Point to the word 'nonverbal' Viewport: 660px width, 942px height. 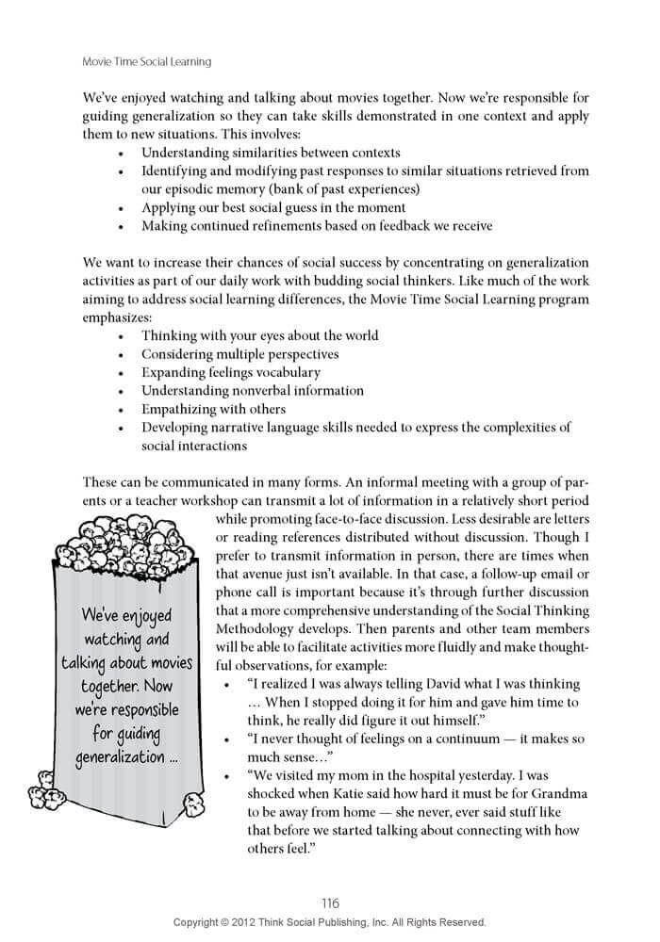[266, 391]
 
